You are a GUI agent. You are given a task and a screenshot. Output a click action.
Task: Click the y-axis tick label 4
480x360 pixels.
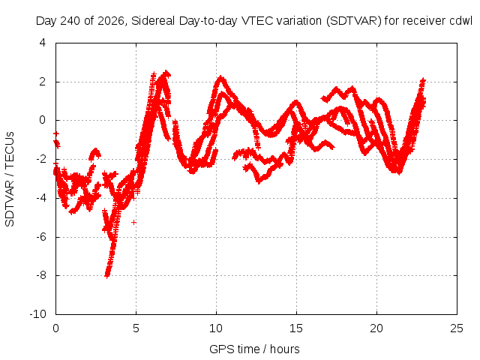pyautogui.click(x=43, y=43)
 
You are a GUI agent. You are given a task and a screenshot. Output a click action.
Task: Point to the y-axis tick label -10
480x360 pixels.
pyautogui.click(x=38, y=314)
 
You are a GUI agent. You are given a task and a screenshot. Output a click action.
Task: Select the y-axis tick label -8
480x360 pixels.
pyautogui.click(x=41, y=275)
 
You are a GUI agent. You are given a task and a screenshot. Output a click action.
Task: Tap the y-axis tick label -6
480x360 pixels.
pyautogui.click(x=41, y=237)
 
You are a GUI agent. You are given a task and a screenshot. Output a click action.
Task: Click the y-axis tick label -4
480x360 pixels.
pyautogui.click(x=41, y=198)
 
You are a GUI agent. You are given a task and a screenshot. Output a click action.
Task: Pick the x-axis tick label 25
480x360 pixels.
pyautogui.click(x=457, y=328)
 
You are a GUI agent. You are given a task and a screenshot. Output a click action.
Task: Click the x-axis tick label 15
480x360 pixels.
pyautogui.click(x=296, y=328)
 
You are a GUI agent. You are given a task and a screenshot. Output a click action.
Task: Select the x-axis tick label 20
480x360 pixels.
pyautogui.click(x=376, y=328)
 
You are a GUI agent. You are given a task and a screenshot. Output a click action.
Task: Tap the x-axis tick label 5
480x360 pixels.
pyautogui.click(x=136, y=328)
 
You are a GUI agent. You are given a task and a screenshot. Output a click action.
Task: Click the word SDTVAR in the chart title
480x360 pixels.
pyautogui.click(x=353, y=21)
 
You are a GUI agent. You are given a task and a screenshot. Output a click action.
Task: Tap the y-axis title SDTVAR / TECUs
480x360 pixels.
pyautogui.click(x=10, y=179)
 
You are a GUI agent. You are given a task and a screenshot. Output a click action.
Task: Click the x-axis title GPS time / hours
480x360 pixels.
pyautogui.click(x=254, y=349)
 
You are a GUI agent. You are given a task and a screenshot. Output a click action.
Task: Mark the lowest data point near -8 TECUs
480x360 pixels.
pyautogui.click(x=106, y=275)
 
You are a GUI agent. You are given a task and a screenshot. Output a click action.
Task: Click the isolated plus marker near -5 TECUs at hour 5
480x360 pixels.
pyautogui.click(x=133, y=222)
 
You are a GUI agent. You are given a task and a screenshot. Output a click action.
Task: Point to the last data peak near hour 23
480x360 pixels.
pyautogui.click(x=423, y=80)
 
